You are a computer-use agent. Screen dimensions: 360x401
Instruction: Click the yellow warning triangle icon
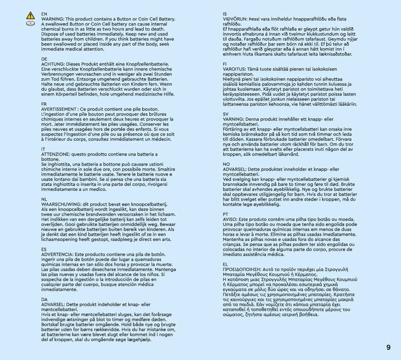(30, 16)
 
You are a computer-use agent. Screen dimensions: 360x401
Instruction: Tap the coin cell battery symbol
(30, 23)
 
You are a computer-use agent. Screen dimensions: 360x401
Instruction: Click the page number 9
(388, 348)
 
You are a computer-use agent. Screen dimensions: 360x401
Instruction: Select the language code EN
(44, 14)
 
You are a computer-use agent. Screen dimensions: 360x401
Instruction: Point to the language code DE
(44, 59)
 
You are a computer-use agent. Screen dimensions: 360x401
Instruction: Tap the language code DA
(44, 299)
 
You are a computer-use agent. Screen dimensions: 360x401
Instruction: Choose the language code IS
(224, 14)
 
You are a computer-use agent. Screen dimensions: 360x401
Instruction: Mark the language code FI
(224, 64)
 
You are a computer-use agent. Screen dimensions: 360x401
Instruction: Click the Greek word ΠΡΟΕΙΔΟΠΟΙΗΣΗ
(243, 269)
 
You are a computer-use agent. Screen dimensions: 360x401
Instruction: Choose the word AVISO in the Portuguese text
(230, 219)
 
